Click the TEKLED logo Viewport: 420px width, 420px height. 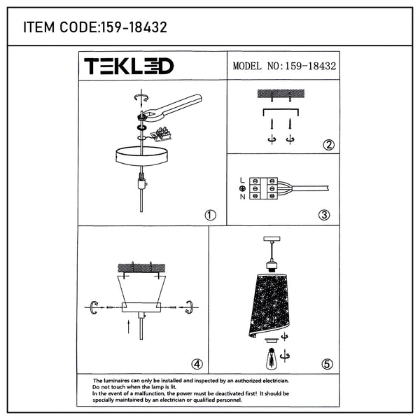tap(129, 66)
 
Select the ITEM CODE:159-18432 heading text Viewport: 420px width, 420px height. tap(95, 27)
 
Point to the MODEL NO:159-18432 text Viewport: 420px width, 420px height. tap(284, 66)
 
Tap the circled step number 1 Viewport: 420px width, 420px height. tap(210, 215)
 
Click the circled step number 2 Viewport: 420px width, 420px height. tap(329, 145)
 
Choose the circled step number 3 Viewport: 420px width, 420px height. tap(324, 215)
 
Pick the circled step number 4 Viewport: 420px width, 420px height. tap(197, 364)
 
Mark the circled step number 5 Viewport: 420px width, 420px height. tap(327, 364)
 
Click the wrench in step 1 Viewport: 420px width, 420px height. tap(171, 106)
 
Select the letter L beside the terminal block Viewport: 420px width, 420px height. tap(242, 181)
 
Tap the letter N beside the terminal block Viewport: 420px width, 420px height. tap(242, 197)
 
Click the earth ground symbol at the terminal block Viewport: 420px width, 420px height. tap(242, 188)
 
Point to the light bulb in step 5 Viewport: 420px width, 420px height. tap(272, 358)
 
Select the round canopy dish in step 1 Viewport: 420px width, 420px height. tap(142, 156)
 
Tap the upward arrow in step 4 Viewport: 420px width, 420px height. tap(129, 326)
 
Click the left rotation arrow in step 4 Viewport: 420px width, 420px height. tap(94, 307)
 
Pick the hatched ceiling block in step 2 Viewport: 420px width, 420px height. tap(281, 94)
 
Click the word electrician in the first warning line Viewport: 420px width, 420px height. tap(275, 381)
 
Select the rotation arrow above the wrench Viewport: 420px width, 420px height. tap(141, 98)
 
